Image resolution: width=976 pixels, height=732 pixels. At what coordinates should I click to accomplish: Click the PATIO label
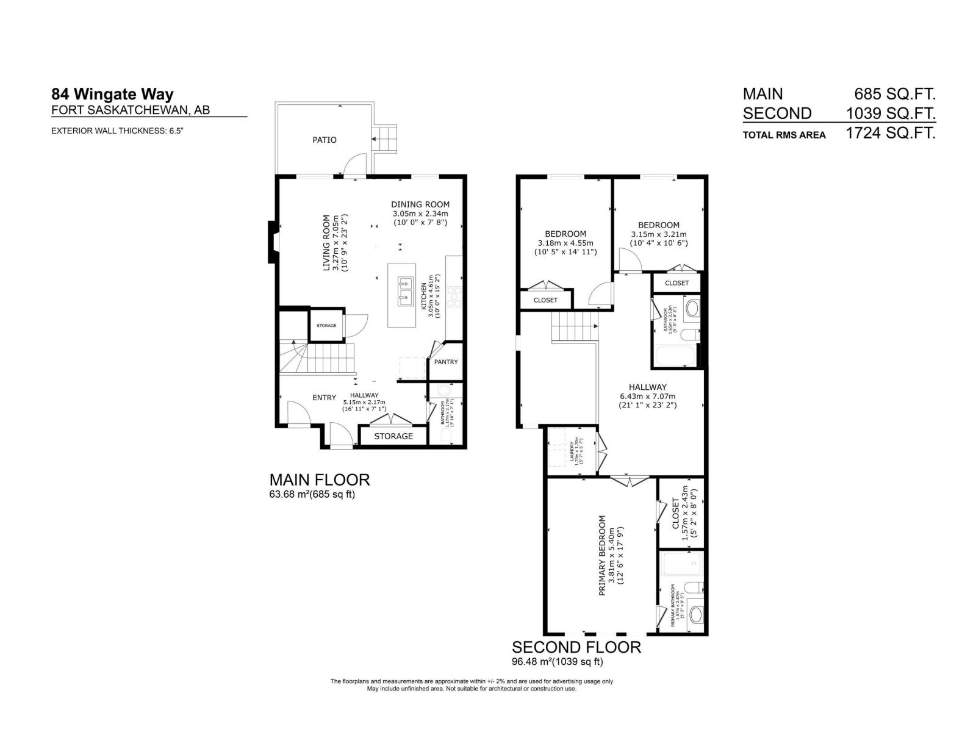(325, 140)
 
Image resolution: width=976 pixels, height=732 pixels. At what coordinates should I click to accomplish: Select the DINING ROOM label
(420, 204)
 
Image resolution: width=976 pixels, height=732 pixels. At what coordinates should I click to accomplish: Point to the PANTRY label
(446, 362)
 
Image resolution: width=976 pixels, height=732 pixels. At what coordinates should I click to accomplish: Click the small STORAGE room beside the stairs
(326, 326)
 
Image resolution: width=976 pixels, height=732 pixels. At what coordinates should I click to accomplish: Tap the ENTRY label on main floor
(324, 398)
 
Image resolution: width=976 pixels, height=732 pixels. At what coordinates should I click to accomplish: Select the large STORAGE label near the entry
(393, 436)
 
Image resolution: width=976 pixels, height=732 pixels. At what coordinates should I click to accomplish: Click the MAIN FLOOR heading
(320, 479)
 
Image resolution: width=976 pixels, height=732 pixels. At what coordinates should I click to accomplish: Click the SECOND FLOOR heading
(576, 647)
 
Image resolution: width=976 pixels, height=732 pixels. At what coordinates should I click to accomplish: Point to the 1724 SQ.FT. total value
(891, 134)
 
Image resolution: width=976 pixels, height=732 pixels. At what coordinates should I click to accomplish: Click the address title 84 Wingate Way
(113, 95)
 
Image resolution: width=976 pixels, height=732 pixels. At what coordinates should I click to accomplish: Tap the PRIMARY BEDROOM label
(602, 556)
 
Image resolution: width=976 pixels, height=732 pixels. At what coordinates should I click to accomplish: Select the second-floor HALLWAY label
(648, 387)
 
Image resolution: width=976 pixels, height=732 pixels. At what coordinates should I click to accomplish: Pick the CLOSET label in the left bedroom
(545, 300)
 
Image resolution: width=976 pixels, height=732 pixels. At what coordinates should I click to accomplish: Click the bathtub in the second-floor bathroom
(675, 356)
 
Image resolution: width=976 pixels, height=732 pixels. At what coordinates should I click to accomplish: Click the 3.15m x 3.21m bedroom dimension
(658, 234)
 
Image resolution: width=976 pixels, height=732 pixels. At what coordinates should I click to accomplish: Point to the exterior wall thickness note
(117, 131)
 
